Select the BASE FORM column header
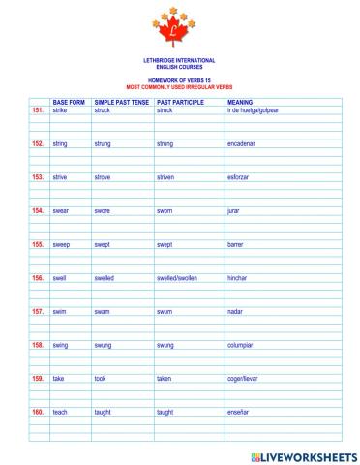point(69,102)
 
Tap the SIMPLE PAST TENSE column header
point(121,102)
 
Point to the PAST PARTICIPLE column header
point(178,102)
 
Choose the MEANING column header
point(240,102)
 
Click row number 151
point(38,110)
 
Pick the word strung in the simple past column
point(103,143)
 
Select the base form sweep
point(62,244)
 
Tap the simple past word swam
point(102,311)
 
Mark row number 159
point(38,378)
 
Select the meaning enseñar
point(238,412)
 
